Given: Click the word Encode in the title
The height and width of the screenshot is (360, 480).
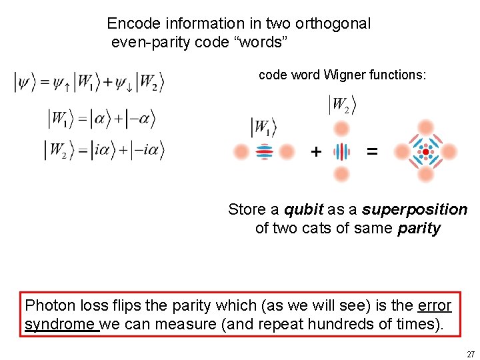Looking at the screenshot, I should (x=133, y=24).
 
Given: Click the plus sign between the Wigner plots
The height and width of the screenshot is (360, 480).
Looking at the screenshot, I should (x=315, y=152).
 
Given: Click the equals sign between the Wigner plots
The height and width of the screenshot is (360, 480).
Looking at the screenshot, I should (x=372, y=152).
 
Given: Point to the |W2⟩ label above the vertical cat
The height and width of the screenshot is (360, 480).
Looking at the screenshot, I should (x=341, y=105).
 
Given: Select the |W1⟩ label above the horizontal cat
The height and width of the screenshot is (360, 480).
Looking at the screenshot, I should (x=263, y=127).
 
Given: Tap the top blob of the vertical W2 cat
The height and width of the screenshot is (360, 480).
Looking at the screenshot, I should (x=341, y=130).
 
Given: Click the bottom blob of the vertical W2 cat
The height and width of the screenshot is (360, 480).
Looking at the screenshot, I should (x=341, y=175).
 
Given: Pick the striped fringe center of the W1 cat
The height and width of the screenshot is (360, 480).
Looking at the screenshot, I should (x=264, y=152).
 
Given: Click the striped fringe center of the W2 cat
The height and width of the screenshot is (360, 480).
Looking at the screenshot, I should (x=341, y=152).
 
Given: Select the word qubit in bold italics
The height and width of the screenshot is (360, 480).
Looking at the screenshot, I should (x=304, y=209).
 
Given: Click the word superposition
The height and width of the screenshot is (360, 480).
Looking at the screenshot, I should (x=415, y=209).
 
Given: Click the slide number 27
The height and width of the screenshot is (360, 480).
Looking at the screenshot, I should (x=470, y=354).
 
